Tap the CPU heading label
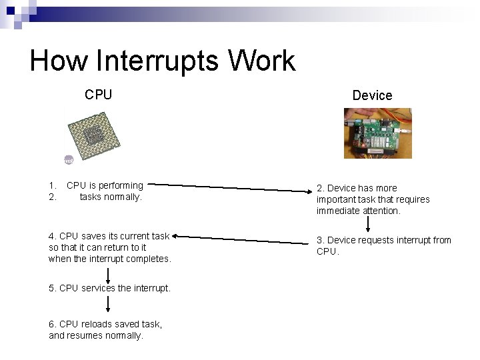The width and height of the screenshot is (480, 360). coord(98,95)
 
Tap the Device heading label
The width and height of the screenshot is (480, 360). coord(372,95)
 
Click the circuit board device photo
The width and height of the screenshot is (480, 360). coord(377,133)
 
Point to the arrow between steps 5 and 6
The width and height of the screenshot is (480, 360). coord(108,304)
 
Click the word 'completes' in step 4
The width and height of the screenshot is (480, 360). coord(151,259)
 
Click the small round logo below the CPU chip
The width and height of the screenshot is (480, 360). coord(68,161)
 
